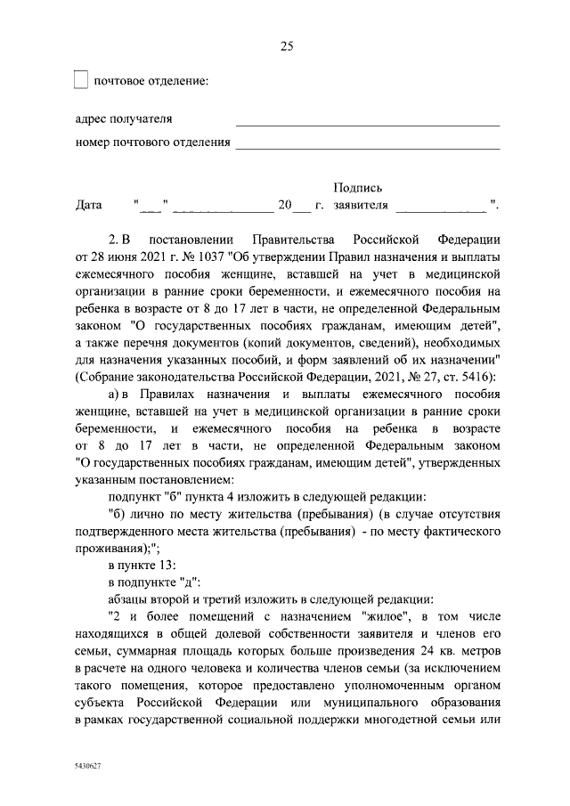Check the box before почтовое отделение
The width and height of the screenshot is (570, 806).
(x=80, y=81)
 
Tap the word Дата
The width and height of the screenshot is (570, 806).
(x=89, y=205)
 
